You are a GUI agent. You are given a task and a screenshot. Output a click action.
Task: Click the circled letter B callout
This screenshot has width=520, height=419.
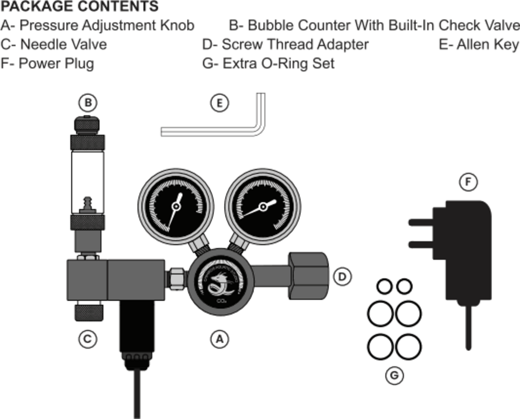coord(88,103)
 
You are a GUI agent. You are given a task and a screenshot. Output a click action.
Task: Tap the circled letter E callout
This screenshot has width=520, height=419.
coord(220,103)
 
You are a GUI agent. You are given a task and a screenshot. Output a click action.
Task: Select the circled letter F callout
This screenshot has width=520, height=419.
coord(468,182)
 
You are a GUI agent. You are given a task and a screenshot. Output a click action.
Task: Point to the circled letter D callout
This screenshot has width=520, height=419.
coord(342,277)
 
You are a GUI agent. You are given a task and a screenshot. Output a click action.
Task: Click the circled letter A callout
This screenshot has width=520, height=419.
coord(220,339)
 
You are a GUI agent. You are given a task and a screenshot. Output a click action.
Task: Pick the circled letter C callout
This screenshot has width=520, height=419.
coord(87,339)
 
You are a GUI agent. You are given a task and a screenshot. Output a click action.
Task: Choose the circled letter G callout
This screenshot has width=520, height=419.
coord(394,375)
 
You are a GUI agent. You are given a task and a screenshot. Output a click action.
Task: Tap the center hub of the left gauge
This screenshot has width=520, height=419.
coord(176,207)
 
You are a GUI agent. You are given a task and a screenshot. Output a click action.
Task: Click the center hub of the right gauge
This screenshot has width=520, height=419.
coord(263,207)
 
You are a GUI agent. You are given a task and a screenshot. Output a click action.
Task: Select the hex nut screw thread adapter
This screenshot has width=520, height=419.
coord(309,276)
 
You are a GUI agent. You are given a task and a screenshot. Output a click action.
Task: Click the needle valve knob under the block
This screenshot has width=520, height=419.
coord(88,311)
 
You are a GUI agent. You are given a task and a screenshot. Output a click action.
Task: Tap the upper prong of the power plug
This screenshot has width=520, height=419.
coord(421,223)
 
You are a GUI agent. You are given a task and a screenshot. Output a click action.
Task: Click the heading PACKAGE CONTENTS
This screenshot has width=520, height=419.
coord(79,7)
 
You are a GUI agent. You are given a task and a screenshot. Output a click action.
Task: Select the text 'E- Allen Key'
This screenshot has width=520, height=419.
coord(479,44)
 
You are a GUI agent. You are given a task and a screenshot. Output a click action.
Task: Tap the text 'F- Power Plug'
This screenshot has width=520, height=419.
coord(47,63)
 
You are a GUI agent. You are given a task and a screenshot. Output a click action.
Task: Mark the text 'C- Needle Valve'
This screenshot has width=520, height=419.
coord(54,44)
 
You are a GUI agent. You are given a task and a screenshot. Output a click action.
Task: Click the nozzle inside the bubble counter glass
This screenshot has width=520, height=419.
coord(87,203)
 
